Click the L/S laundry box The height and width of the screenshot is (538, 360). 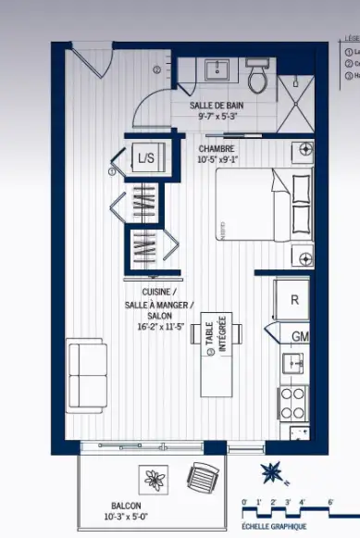(x=145, y=158)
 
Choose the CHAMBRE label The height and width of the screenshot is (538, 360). (x=216, y=148)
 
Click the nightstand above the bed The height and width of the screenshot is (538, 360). (x=304, y=150)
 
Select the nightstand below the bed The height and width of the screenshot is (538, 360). (x=304, y=256)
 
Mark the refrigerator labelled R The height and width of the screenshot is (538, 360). (x=293, y=300)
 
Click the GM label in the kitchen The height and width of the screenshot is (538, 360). (x=299, y=335)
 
